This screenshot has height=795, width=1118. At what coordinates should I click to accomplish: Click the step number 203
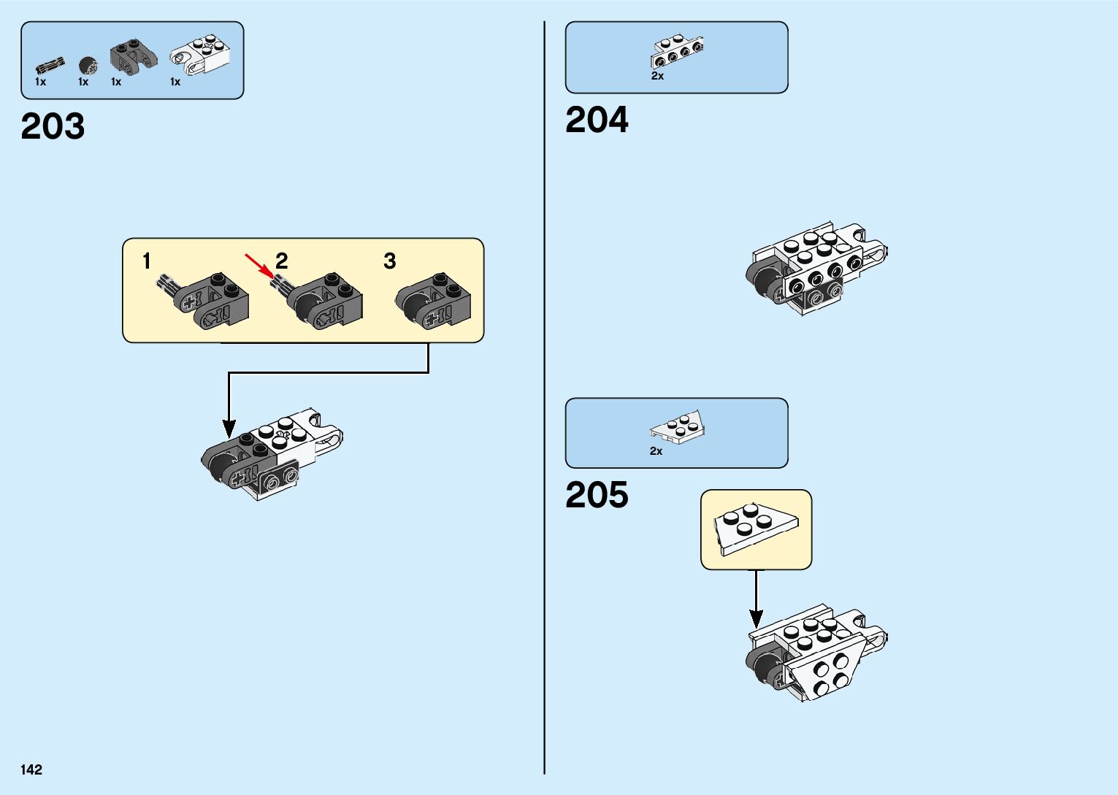click(53, 126)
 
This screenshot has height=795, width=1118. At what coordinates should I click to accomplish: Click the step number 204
click(597, 120)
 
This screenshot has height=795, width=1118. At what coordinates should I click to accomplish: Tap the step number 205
click(597, 495)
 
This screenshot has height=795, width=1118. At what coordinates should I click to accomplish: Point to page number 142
click(31, 769)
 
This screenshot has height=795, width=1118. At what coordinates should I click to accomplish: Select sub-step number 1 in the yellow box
click(147, 261)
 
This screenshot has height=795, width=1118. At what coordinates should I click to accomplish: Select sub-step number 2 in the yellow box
click(282, 261)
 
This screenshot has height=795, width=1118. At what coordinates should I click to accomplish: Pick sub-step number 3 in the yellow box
click(390, 261)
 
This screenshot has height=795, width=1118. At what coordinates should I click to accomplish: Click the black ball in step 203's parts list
click(88, 65)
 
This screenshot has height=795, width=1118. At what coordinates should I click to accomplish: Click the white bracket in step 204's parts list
click(677, 50)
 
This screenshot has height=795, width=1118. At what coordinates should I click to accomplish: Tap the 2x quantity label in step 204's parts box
click(657, 76)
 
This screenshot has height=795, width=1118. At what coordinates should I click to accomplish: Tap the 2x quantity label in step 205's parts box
click(656, 451)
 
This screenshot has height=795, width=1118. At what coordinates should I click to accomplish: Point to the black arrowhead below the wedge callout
click(757, 618)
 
